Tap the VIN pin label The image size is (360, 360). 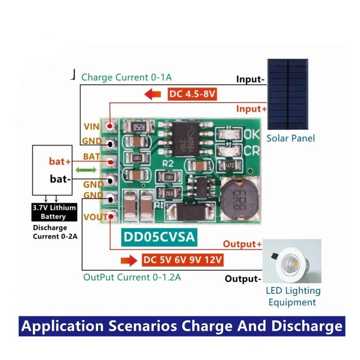coord(92,127)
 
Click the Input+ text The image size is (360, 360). coord(249,109)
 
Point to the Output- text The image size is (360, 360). coord(243,279)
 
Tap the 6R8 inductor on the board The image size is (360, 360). coord(238,196)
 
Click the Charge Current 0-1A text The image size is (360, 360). coord(126,77)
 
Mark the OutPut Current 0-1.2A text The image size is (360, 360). coord(132,277)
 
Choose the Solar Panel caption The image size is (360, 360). coord(291,138)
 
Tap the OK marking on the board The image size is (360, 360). coord(251,134)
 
